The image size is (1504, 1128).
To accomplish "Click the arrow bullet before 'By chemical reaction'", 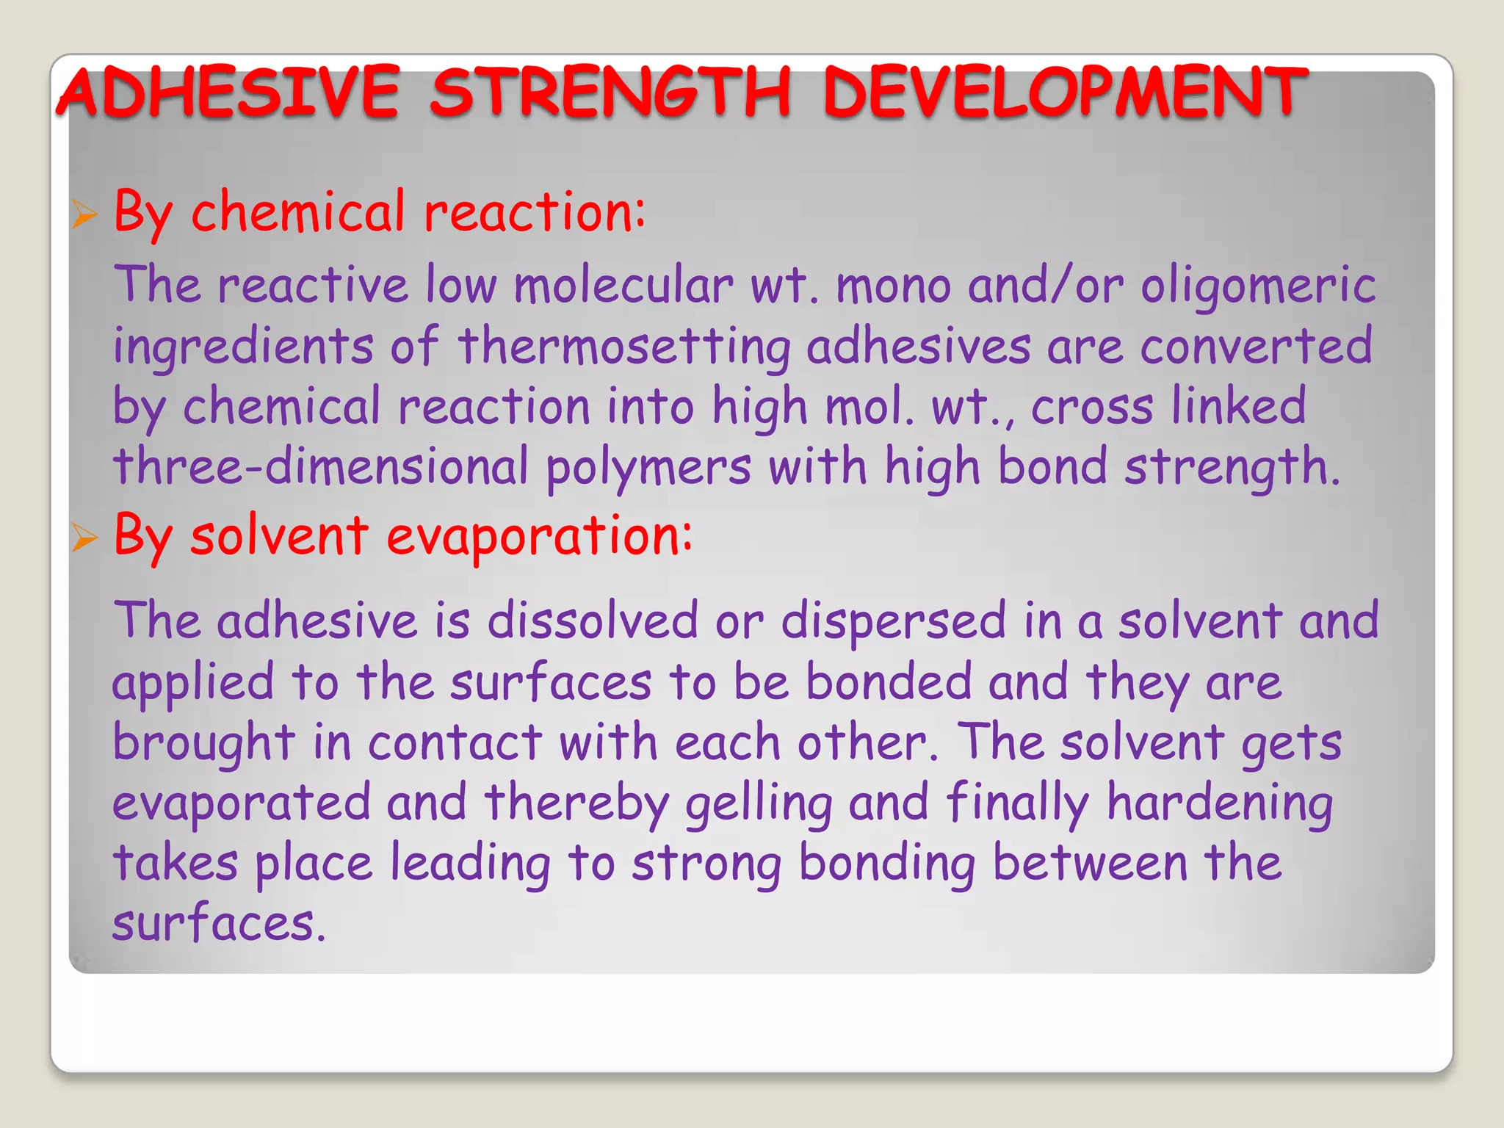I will [x=84, y=215].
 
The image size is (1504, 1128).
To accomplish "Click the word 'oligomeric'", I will [x=1258, y=285].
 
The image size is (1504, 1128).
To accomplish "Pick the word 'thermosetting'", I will [x=624, y=347].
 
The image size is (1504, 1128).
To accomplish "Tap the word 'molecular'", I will [x=623, y=285].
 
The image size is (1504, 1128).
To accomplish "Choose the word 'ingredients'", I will [x=243, y=347].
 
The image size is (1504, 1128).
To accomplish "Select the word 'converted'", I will [x=1256, y=347].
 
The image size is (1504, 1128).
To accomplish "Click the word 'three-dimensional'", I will [x=320, y=467].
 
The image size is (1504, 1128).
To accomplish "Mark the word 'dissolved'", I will [x=592, y=621].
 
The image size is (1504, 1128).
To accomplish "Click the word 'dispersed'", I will [x=893, y=621].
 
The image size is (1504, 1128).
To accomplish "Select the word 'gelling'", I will [x=759, y=803].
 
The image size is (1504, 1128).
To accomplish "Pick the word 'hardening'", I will [x=1220, y=803].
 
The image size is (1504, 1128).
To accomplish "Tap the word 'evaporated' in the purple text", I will [x=241, y=802].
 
